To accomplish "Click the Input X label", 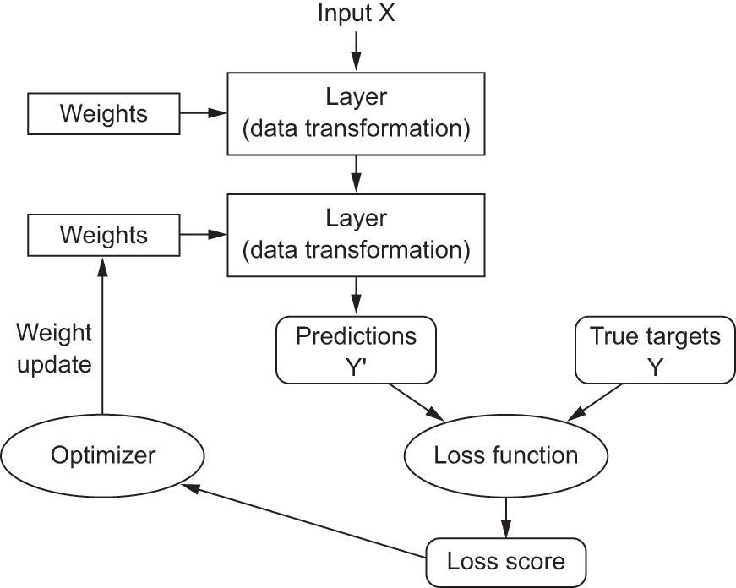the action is click(x=357, y=14).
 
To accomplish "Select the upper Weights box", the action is click(x=104, y=113).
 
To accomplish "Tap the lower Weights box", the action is click(x=104, y=235).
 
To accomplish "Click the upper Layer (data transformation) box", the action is click(x=357, y=113).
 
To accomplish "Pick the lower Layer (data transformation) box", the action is click(x=357, y=235).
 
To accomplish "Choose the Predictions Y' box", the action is click(x=357, y=350).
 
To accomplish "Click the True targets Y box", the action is click(x=655, y=350).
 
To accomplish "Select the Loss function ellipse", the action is click(x=506, y=455).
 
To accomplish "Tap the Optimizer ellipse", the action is click(x=103, y=455).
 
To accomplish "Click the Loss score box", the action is click(x=506, y=562).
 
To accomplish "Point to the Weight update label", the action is click(x=54, y=348).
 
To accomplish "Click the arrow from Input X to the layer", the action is click(x=357, y=52).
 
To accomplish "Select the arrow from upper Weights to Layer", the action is click(x=204, y=113).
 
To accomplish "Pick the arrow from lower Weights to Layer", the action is click(x=204, y=235).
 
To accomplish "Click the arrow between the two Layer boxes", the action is click(x=357, y=174).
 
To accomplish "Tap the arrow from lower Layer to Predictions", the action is click(x=357, y=295).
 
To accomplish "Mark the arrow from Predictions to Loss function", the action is click(x=417, y=402).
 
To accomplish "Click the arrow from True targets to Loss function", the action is click(x=595, y=402).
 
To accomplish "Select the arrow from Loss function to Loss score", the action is click(x=506, y=518).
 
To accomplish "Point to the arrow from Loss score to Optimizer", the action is click(x=303, y=521).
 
